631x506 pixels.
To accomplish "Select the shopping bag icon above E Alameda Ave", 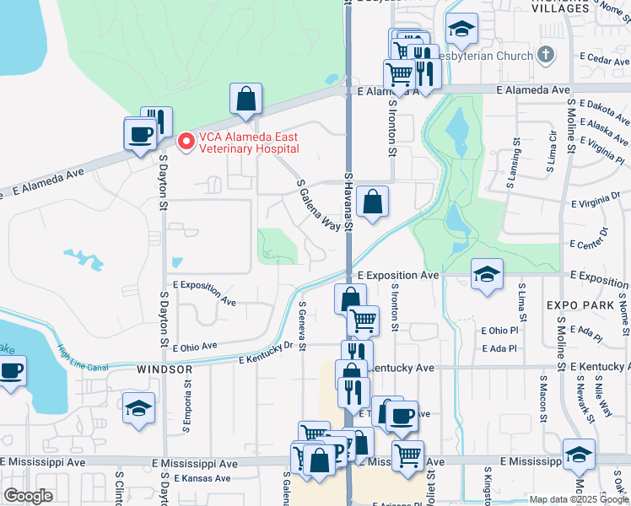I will pos(245,100).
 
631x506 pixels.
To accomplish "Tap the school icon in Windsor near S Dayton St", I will pos(138,409).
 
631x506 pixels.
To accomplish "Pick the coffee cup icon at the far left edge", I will pos(11,371).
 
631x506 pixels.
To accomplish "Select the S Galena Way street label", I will pos(318,205).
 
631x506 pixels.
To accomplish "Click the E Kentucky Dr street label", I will pos(265,353).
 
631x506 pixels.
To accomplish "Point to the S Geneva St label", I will pos(302,326).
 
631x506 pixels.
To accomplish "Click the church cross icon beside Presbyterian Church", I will pos(546,55).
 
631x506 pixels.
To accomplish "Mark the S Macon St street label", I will pos(541,405).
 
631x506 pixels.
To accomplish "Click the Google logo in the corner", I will pos(28,496).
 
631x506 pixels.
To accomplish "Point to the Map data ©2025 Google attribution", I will pos(578,499).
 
